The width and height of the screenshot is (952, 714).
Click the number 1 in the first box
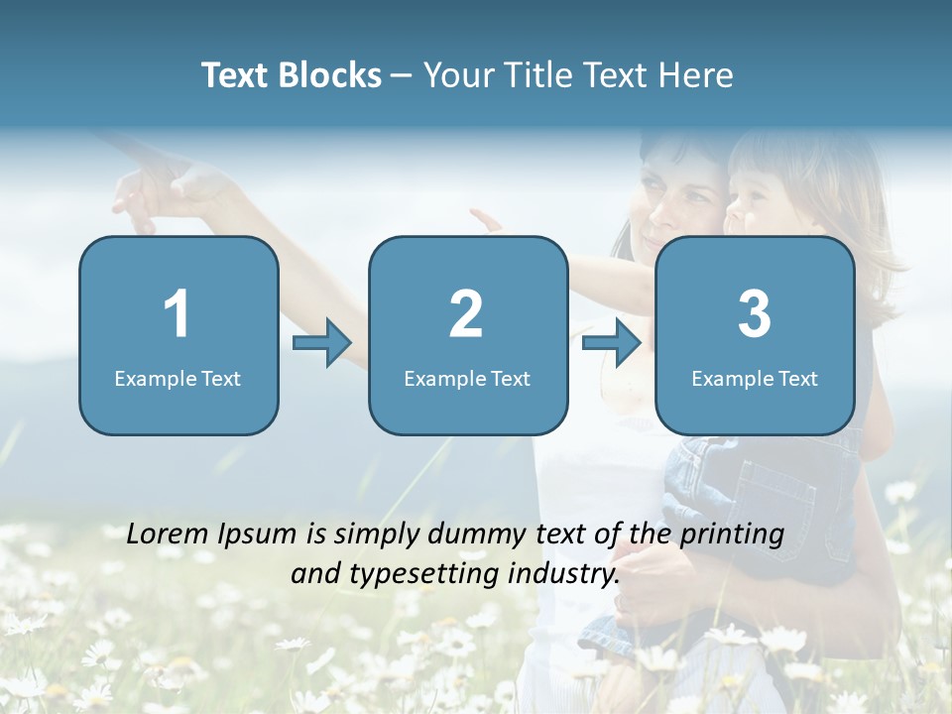(x=177, y=314)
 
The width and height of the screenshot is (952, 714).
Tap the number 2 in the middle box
(x=466, y=314)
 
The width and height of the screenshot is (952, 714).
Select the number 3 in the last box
(x=754, y=314)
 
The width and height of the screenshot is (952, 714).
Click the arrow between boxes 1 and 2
(x=322, y=343)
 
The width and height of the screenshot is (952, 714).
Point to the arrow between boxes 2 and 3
(x=612, y=343)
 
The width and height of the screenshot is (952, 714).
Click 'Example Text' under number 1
(x=178, y=378)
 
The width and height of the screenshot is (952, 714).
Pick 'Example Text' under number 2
(x=467, y=378)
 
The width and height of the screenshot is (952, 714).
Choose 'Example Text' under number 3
(x=755, y=378)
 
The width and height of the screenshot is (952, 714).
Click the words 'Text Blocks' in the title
(x=291, y=75)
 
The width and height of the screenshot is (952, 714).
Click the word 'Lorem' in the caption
(x=168, y=534)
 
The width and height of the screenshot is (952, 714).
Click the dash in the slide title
(x=403, y=76)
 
